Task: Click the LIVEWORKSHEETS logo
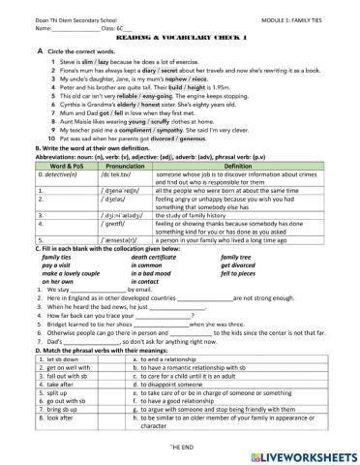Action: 299,454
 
